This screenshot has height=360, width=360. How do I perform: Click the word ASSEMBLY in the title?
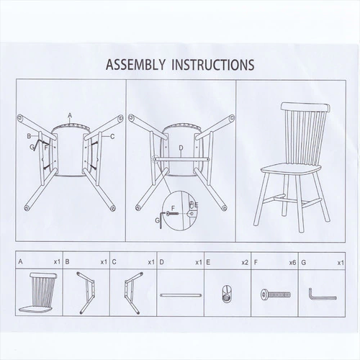click(x=135, y=64)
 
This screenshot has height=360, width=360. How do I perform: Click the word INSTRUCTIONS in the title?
click(x=213, y=64)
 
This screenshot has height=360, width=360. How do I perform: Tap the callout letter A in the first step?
click(x=70, y=116)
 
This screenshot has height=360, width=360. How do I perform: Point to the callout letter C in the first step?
click(x=112, y=137)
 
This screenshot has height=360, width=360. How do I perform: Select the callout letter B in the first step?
click(x=29, y=136)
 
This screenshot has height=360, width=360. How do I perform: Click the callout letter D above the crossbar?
click(x=181, y=148)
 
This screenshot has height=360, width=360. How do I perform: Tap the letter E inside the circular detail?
click(x=197, y=205)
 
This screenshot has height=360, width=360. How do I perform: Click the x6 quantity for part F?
click(x=292, y=263)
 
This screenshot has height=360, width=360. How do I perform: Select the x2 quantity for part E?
click(x=245, y=263)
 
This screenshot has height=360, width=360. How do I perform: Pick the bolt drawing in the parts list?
click(x=276, y=294)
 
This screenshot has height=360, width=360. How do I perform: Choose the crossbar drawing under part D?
click(x=181, y=295)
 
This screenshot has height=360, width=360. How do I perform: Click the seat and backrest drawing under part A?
click(x=39, y=293)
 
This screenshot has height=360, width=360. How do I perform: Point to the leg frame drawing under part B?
click(x=86, y=293)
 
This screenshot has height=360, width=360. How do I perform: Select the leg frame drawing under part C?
click(x=132, y=293)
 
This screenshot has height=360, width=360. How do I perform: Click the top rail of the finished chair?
click(x=305, y=107)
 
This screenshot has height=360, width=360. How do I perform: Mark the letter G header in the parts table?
click(x=304, y=263)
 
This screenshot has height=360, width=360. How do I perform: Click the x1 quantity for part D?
click(x=199, y=263)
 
